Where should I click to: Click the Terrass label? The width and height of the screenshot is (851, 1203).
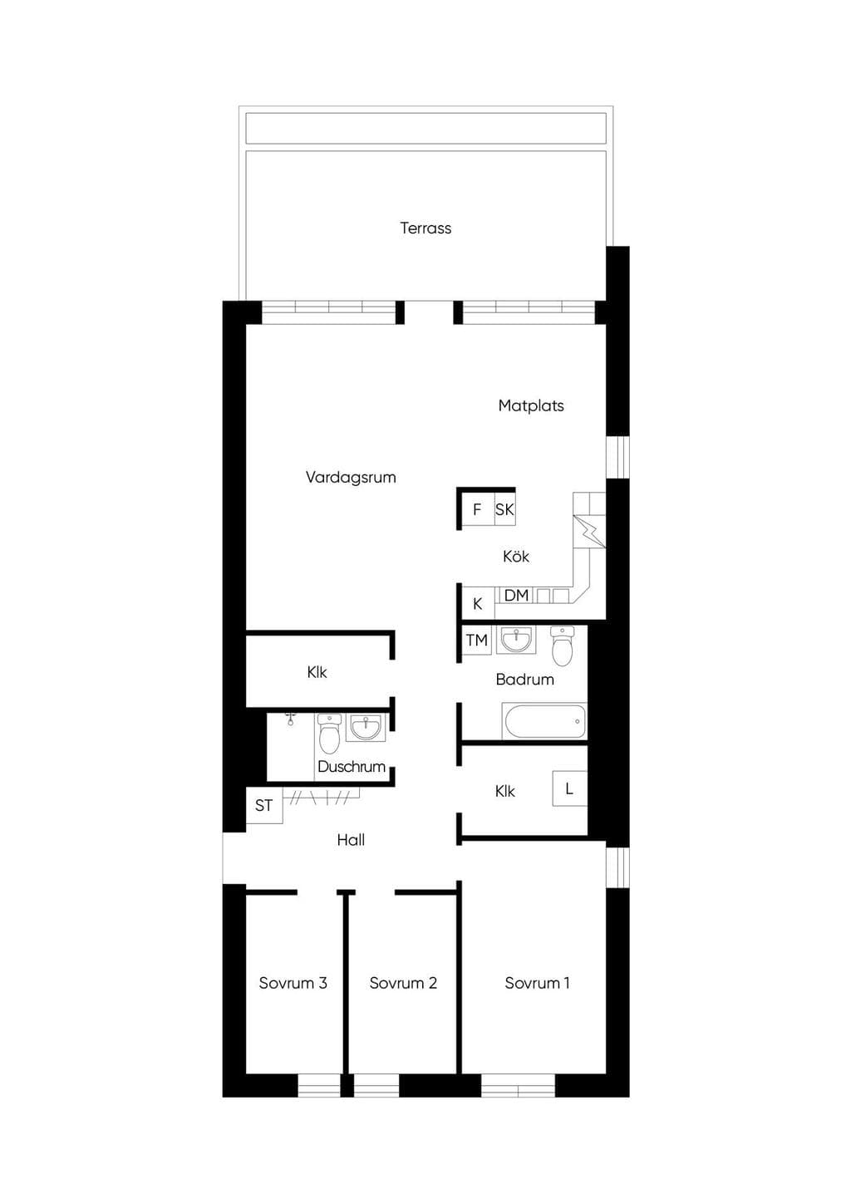(425, 228)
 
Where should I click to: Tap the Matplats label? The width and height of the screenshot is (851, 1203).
(531, 406)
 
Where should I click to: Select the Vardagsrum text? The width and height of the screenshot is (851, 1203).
(351, 478)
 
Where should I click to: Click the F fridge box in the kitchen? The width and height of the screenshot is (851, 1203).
(477, 509)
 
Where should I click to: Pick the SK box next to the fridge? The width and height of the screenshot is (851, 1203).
(504, 509)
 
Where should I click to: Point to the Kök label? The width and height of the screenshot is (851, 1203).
(516, 556)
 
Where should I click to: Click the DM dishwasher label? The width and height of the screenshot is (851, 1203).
(516, 595)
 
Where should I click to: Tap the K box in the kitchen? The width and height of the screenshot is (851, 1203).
(478, 604)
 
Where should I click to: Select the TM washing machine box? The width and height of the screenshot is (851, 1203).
(476, 641)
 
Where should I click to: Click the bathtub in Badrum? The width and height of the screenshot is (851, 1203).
(544, 721)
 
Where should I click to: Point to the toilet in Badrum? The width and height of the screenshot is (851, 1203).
(563, 646)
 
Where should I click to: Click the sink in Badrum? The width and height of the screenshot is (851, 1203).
(516, 640)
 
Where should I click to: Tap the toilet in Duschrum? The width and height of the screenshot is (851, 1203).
(329, 734)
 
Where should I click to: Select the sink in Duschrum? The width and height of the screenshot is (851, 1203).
(366, 727)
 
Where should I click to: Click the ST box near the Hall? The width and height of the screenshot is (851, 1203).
(263, 806)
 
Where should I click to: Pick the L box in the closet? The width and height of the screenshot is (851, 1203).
(569, 788)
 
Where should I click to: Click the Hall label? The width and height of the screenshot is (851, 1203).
(351, 840)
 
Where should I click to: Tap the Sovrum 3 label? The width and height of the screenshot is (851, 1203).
(293, 983)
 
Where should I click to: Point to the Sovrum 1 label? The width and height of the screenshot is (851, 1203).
(537, 983)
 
